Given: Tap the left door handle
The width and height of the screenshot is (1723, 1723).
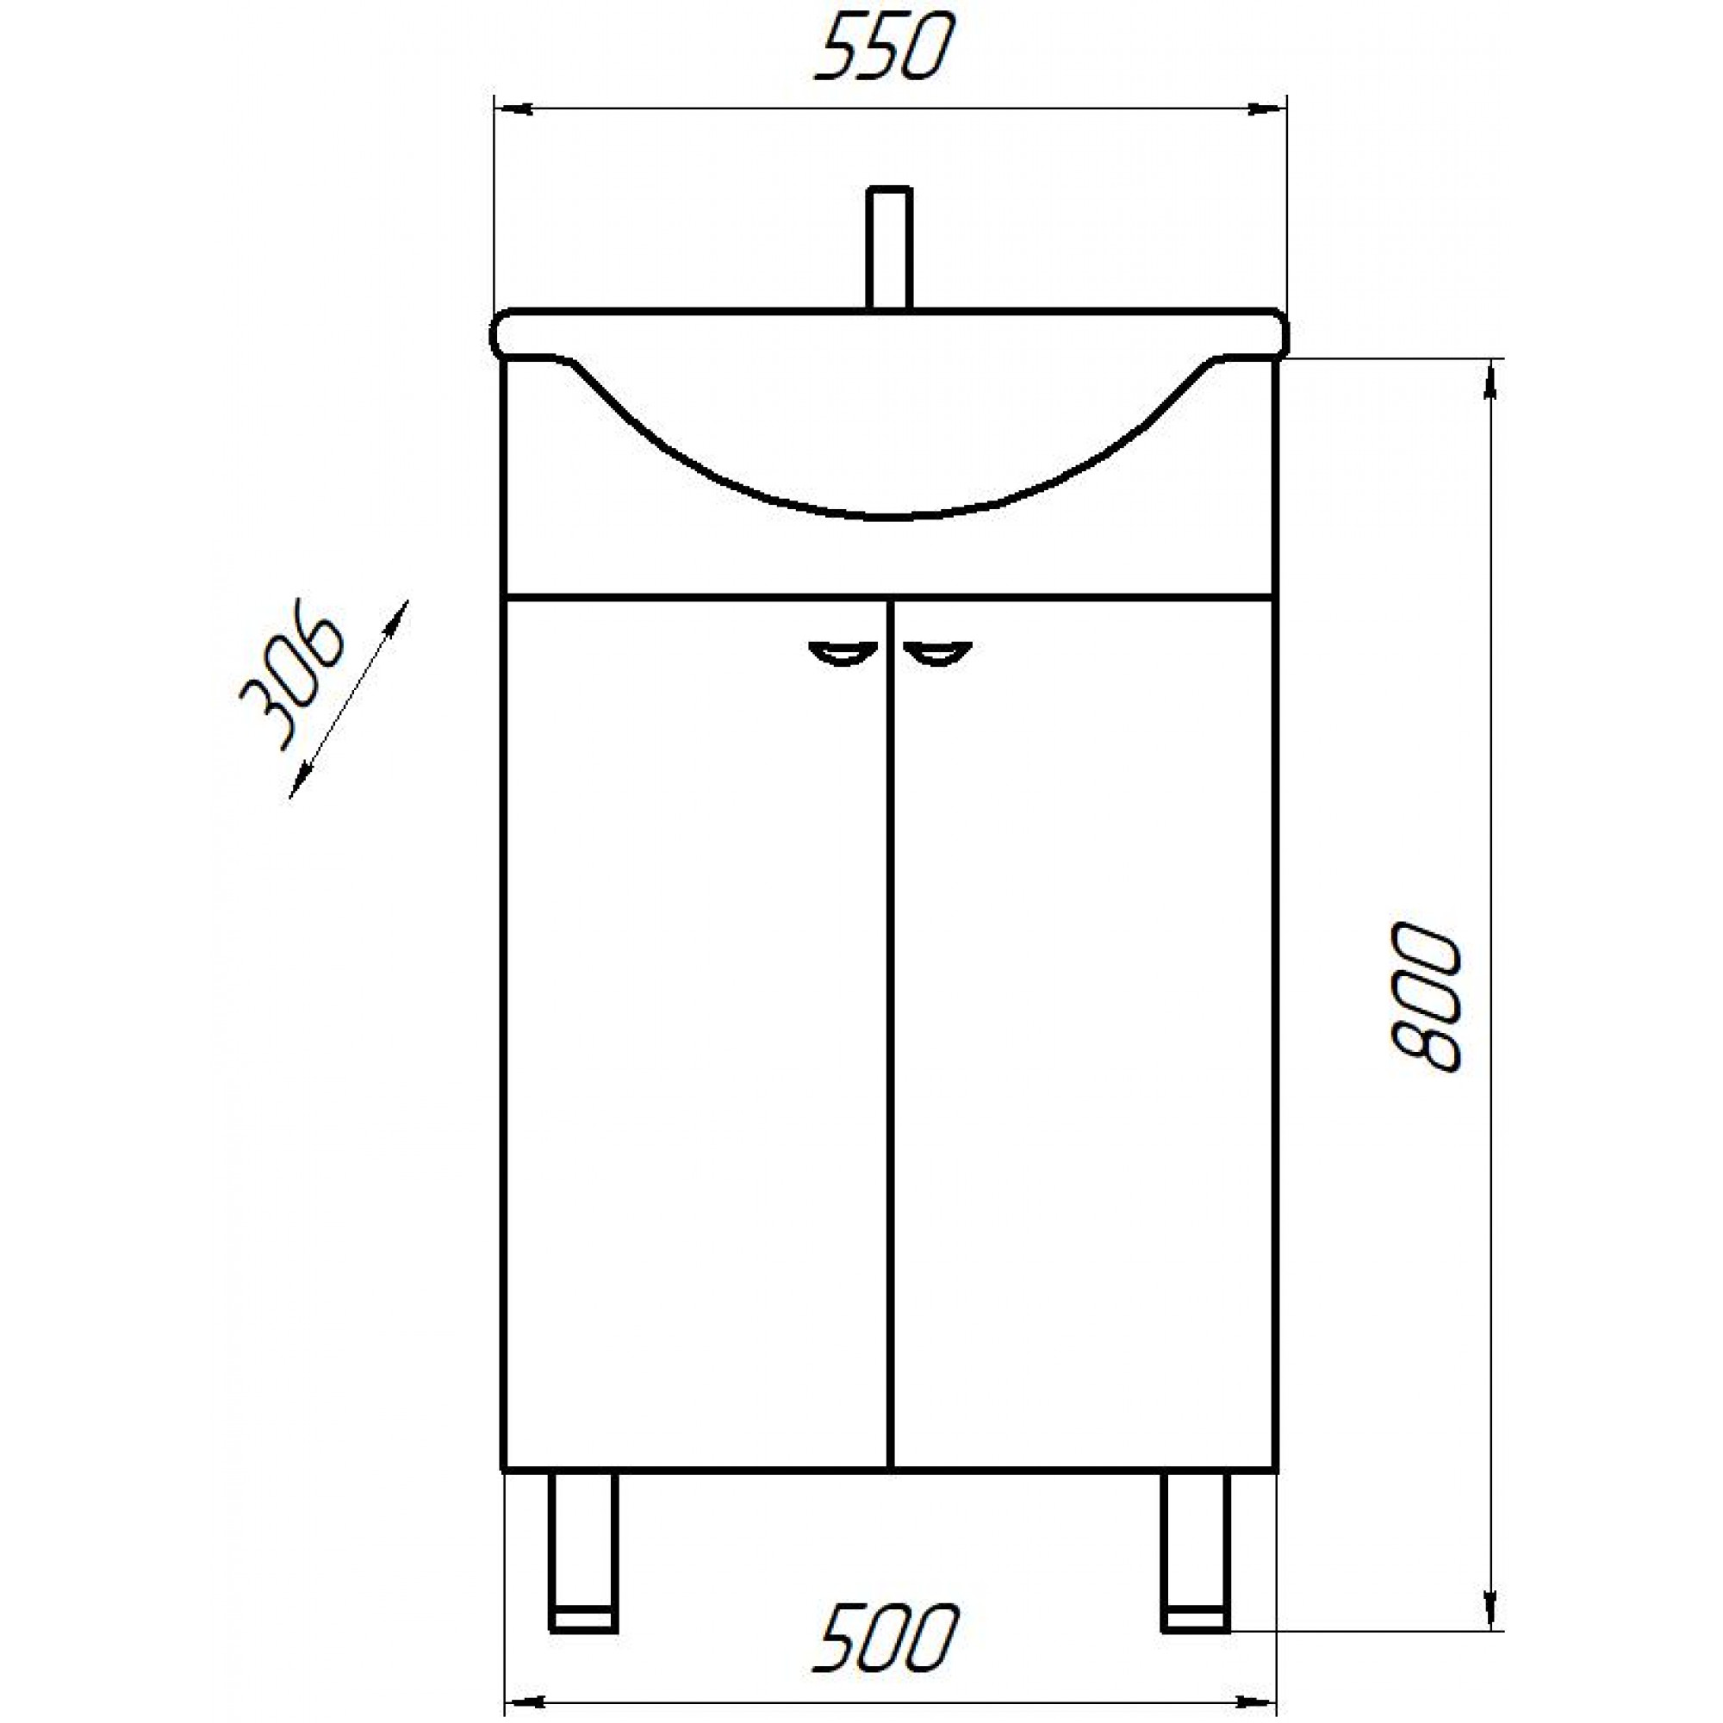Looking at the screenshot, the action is click(x=841, y=654).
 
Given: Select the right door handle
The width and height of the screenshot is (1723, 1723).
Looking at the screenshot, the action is click(x=937, y=654).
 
